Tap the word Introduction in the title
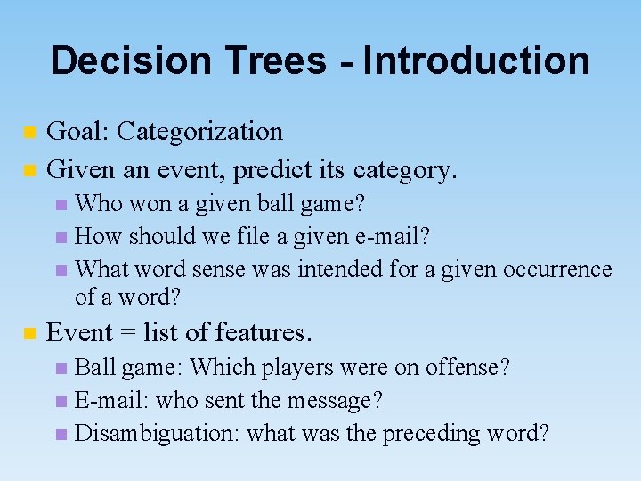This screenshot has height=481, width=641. coord(475,61)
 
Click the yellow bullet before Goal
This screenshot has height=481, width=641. coord(29,133)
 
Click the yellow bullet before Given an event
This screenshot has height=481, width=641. coord(29,168)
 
